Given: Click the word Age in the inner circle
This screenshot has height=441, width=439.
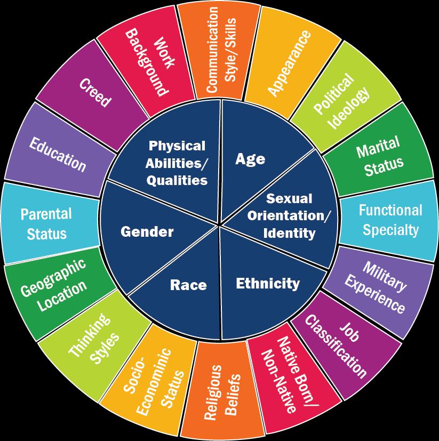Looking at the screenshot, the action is [250, 159].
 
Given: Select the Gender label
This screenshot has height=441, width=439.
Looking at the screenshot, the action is [147, 232].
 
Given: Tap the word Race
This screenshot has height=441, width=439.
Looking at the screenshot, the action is [188, 285].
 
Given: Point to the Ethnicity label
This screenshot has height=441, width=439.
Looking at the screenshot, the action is [268, 284].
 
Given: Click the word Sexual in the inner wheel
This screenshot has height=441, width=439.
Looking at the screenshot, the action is [289, 198].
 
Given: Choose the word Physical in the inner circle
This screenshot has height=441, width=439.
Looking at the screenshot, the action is [177, 146].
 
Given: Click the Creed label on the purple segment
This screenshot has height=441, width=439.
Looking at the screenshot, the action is [95, 93].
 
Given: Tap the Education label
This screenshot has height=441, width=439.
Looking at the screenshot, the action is [58, 155].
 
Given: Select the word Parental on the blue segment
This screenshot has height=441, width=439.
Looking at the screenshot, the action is [46, 214].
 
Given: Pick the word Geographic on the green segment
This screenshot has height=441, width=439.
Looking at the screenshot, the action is [53, 277].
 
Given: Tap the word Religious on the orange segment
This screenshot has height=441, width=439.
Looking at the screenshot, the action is [213, 392].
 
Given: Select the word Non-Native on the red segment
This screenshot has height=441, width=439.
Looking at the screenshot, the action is [279, 381].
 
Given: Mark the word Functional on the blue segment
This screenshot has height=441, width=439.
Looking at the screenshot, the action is [390, 210].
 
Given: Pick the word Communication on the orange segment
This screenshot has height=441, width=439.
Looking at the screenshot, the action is [212, 50].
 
